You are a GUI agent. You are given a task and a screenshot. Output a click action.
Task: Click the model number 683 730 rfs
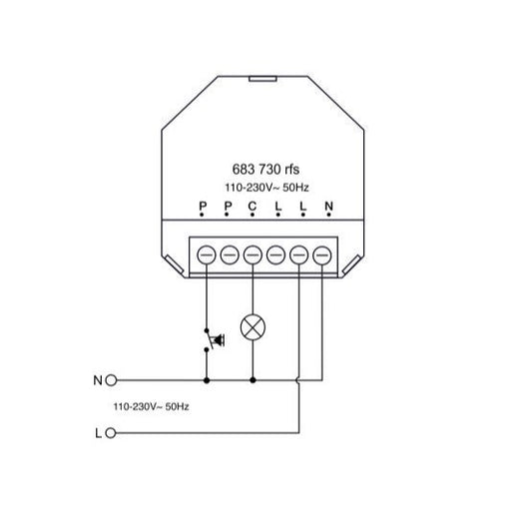pos(265,170)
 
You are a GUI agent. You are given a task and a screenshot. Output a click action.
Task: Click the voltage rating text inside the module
pos(266,188)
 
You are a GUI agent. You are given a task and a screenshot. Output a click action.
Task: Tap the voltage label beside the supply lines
pos(151,406)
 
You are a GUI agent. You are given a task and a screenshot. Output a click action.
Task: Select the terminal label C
pos(253,207)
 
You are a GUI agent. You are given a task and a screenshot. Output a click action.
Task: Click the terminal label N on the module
pos(328,207)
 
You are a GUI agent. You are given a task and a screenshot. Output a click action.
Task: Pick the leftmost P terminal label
pos(203,207)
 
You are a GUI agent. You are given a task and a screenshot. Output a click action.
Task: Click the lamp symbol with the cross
pos(253,327)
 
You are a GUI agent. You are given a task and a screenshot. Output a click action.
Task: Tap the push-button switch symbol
pos(214,340)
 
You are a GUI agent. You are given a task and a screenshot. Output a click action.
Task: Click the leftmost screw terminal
pos(207,255)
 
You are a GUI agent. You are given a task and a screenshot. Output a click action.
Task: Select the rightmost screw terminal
pos(322,255)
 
